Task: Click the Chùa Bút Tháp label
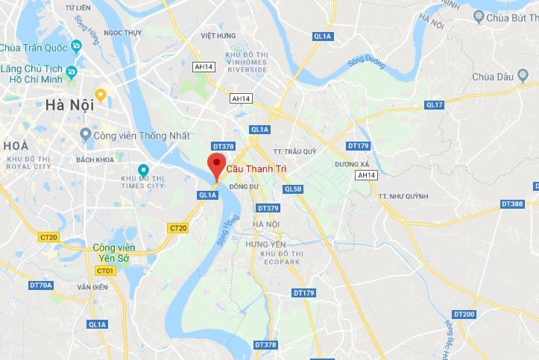[x=510, y=16]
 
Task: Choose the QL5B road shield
[x=294, y=189]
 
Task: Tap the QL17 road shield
[x=435, y=104]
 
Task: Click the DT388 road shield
[x=512, y=203]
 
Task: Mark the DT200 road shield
[x=464, y=314]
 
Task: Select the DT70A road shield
[x=41, y=285]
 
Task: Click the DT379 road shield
[x=267, y=208]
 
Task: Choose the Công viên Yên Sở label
[x=113, y=253]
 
